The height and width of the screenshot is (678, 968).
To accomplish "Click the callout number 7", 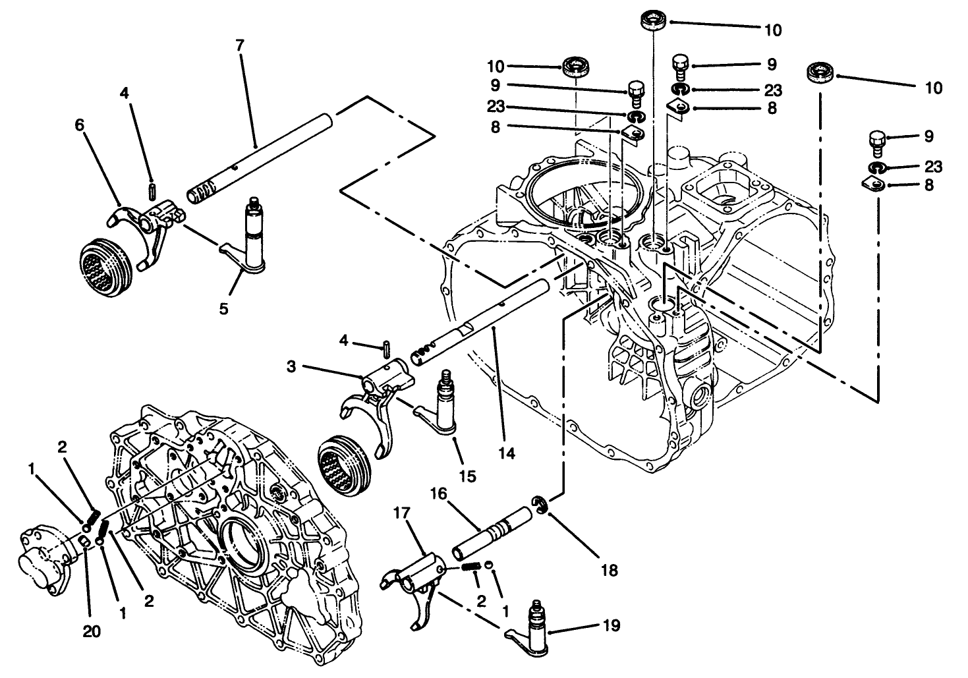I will click(239, 45).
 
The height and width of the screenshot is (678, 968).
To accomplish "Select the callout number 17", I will click(402, 511).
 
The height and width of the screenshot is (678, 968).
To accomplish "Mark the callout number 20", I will click(92, 631).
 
